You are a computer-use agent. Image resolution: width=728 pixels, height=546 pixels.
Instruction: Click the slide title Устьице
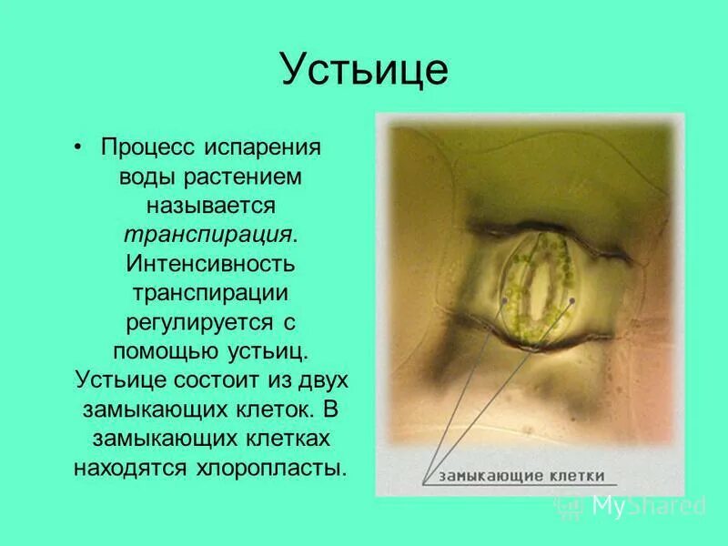tap(363, 70)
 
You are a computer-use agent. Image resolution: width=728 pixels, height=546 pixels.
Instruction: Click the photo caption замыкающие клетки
tap(517, 475)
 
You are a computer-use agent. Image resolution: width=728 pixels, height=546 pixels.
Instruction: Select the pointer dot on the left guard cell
tap(504, 299)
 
